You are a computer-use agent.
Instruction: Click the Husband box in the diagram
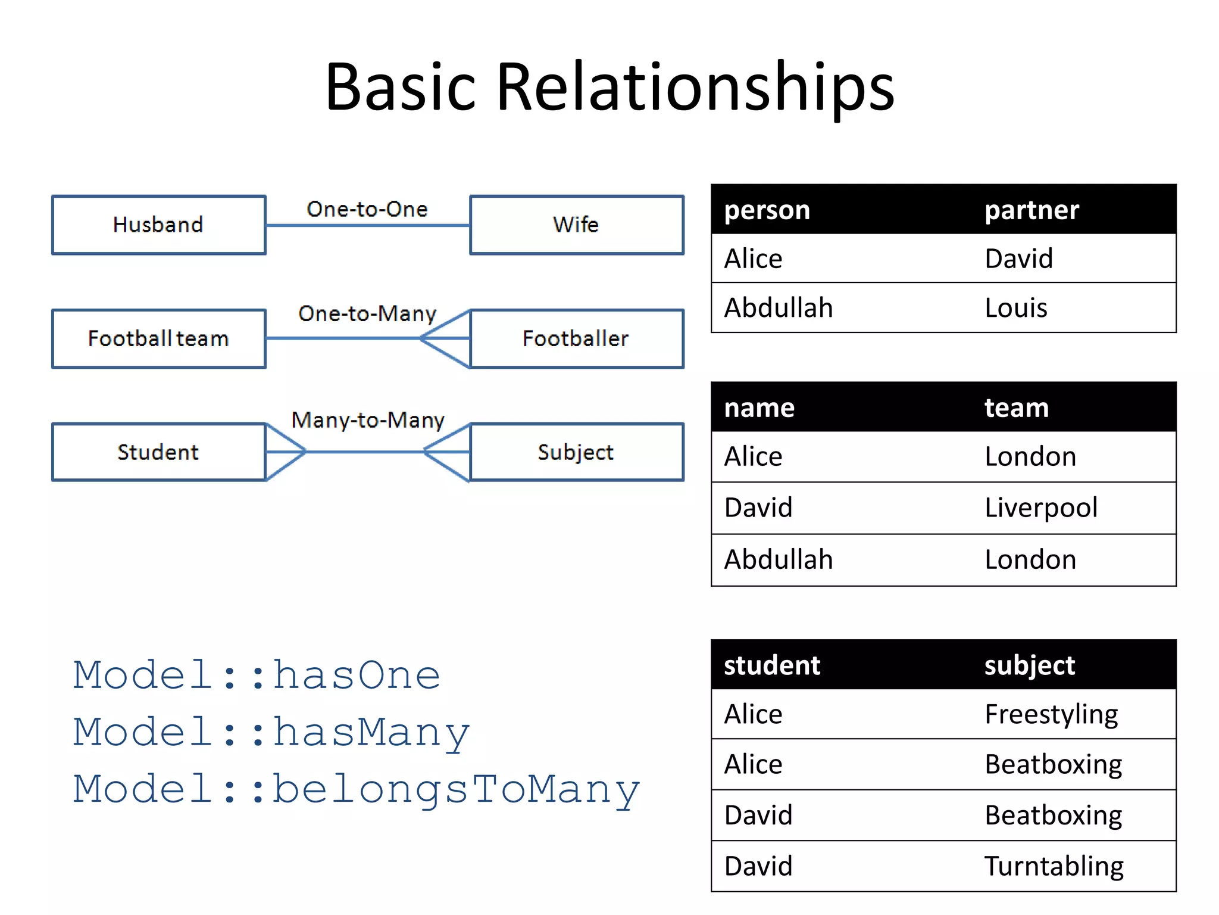[158, 225]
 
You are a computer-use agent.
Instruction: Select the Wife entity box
[576, 225]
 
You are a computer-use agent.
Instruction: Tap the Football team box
[158, 338]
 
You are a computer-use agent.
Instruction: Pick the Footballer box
[576, 338]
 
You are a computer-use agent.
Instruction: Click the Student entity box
[158, 452]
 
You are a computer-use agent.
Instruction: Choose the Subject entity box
[576, 452]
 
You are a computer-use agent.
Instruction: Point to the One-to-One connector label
[367, 209]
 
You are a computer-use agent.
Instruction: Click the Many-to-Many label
[368, 420]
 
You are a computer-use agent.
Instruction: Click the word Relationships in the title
[695, 87]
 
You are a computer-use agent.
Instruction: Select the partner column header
[1032, 210]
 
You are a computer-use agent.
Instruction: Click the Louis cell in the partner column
[1016, 308]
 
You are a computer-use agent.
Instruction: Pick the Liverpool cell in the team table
[1041, 508]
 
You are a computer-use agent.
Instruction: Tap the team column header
[1017, 407]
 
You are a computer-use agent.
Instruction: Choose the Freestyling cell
[1051, 714]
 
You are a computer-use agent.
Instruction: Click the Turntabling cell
[1054, 866]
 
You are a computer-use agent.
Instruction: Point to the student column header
[772, 665]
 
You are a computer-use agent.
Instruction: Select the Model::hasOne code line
[257, 676]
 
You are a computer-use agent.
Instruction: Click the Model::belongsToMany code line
[356, 789]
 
